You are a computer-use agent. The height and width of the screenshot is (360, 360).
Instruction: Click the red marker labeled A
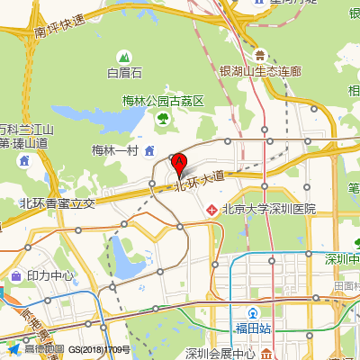click(178, 165)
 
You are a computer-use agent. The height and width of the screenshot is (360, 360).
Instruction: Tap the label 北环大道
click(198, 179)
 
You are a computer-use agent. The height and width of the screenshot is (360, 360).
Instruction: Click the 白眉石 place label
click(125, 73)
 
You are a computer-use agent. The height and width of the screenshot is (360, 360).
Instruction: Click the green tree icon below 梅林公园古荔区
click(163, 118)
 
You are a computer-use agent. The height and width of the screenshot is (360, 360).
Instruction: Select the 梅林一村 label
click(114, 150)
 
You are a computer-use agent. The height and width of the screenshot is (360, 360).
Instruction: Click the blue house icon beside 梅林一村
click(149, 149)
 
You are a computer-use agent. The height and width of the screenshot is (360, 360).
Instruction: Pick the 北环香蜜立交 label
click(57, 203)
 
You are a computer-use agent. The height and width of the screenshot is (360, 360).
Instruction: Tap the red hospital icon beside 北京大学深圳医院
click(211, 209)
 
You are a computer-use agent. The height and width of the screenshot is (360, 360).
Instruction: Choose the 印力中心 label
click(50, 275)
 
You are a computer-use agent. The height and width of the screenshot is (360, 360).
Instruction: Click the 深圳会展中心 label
click(220, 353)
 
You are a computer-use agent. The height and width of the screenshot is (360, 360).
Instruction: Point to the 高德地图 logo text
click(44, 349)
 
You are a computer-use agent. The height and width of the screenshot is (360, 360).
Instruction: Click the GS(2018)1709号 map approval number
click(100, 349)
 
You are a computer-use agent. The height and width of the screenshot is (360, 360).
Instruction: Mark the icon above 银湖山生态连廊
click(259, 55)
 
